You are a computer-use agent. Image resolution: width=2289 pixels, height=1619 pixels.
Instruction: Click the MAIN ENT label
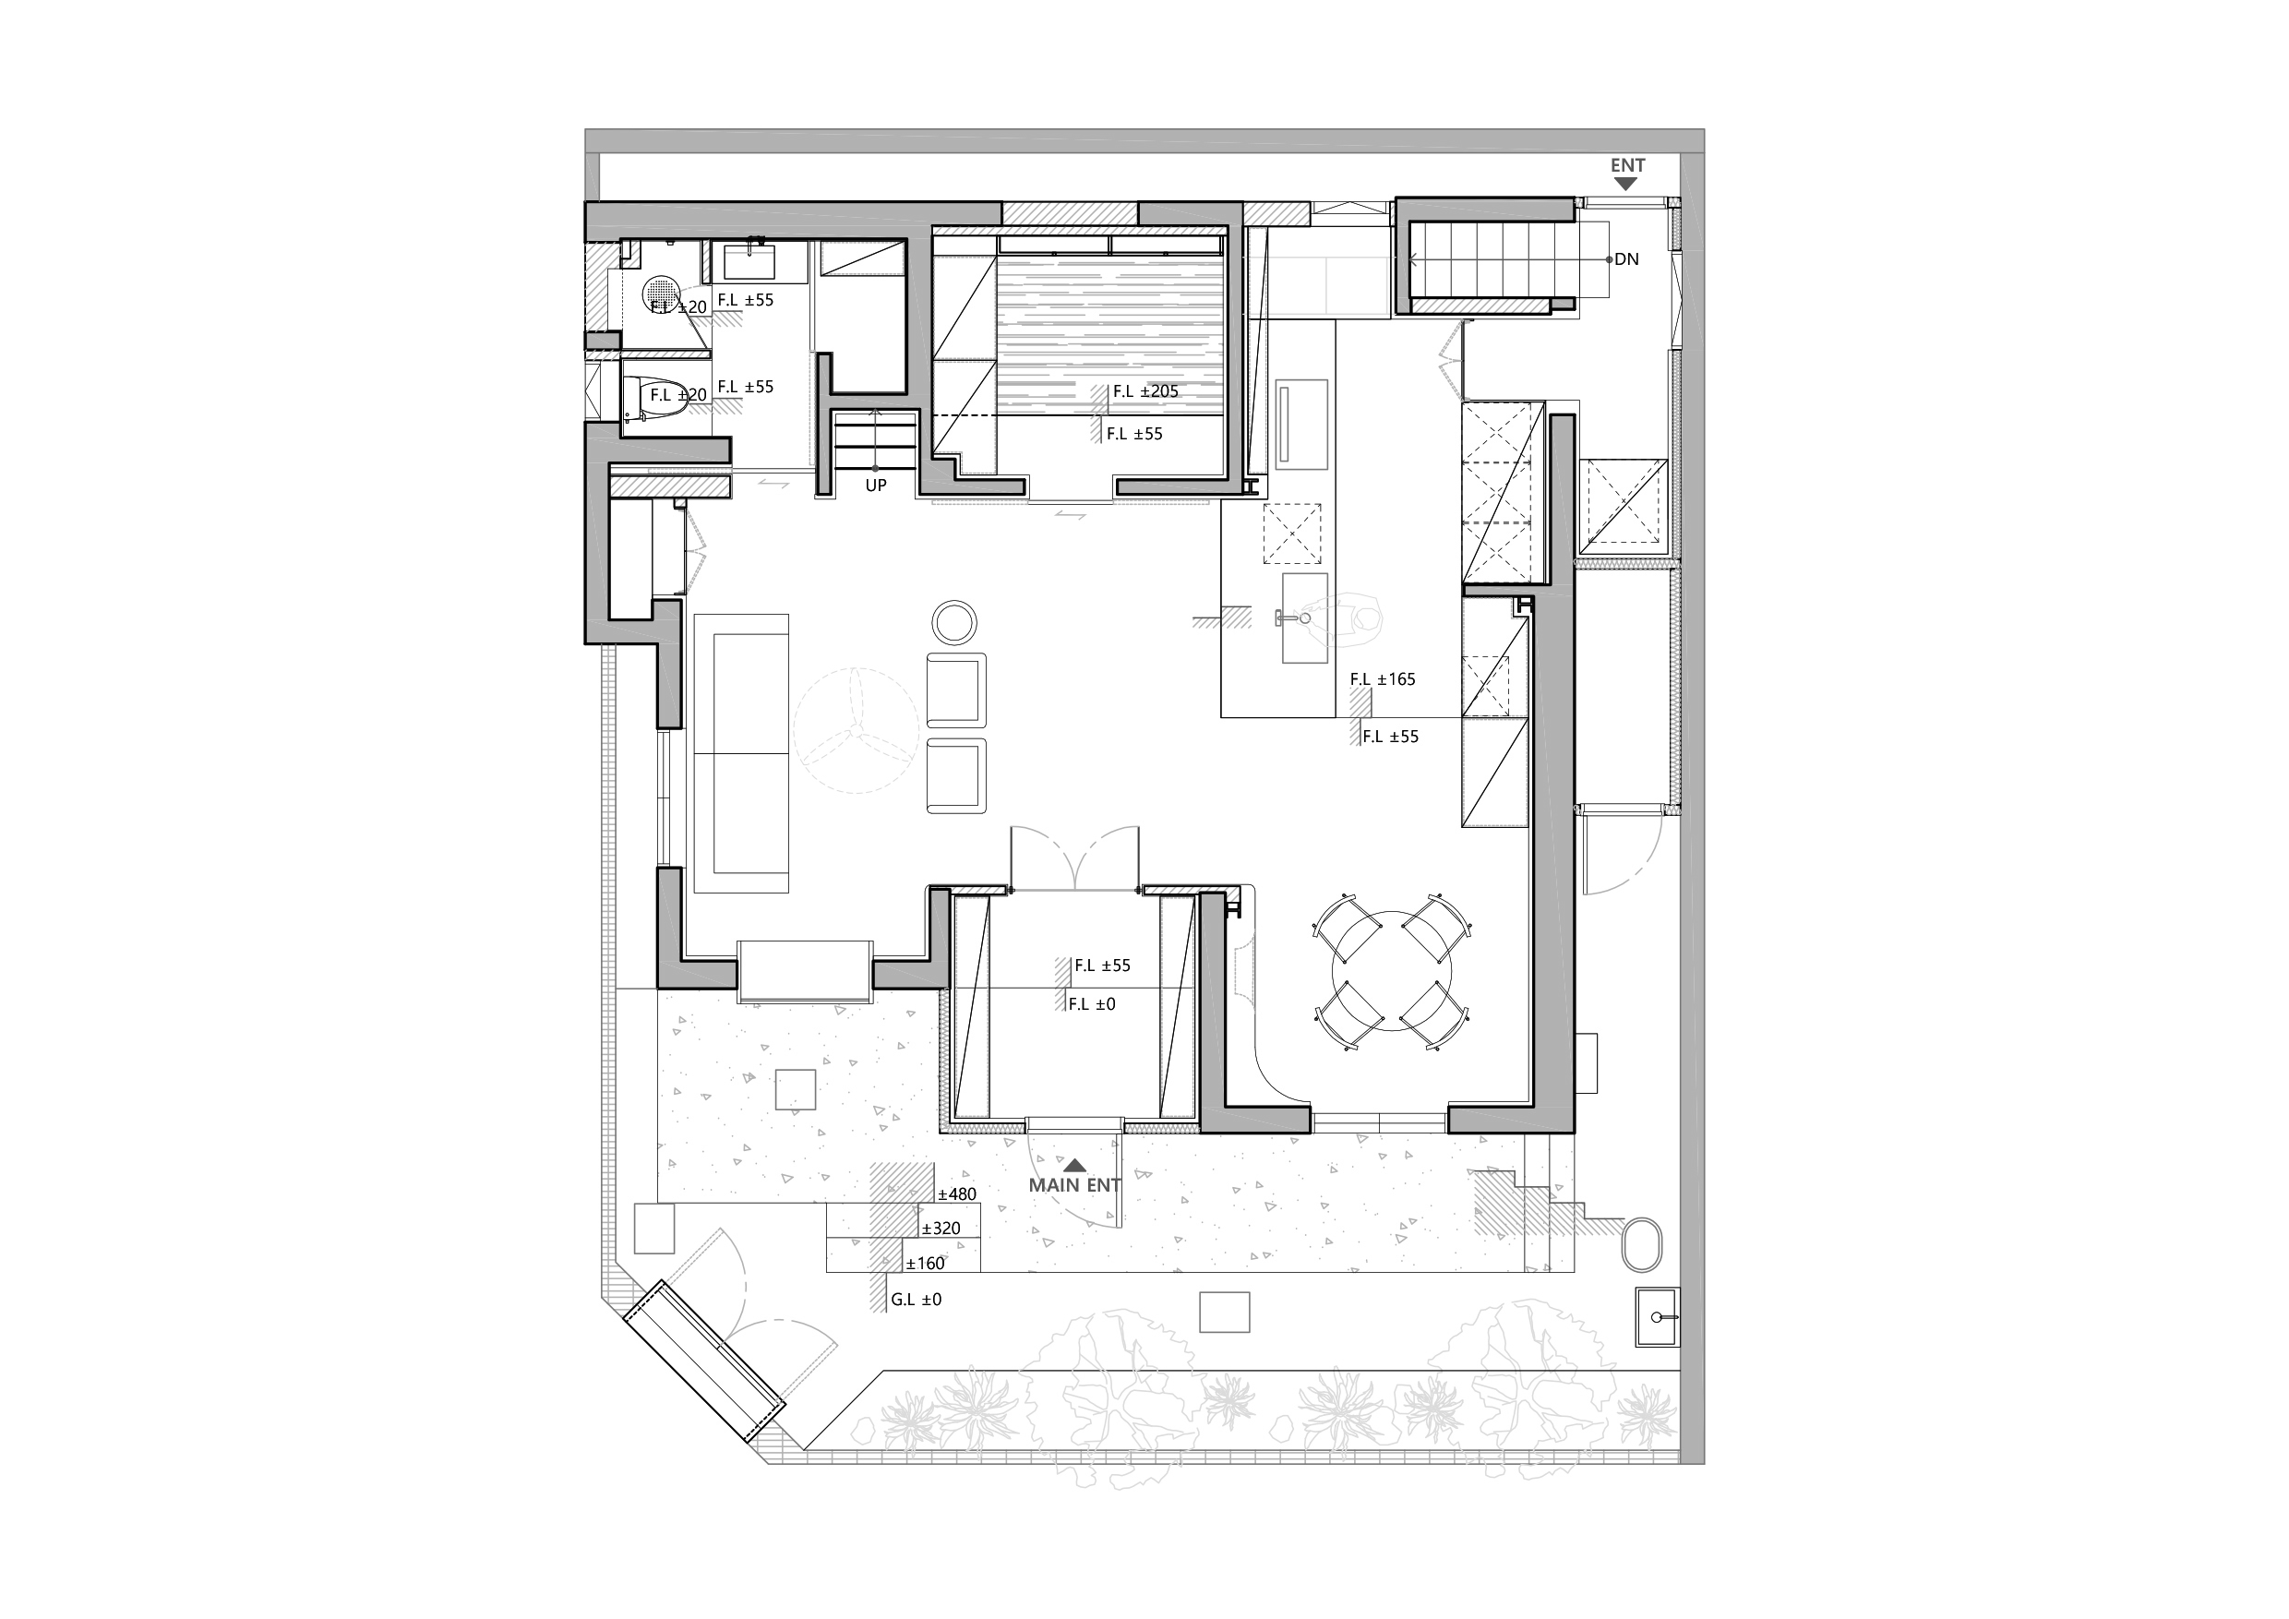pyautogui.click(x=1074, y=1185)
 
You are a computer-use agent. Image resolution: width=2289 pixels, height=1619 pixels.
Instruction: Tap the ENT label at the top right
pyautogui.click(x=1628, y=165)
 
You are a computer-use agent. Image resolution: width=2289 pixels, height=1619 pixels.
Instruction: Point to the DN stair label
pyautogui.click(x=1626, y=259)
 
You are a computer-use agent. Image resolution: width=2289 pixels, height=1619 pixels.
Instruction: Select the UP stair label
pyautogui.click(x=875, y=486)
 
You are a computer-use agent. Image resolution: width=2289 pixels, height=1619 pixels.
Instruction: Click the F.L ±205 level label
pyautogui.click(x=1145, y=391)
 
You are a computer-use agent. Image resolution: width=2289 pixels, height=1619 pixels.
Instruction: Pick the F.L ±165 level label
pyautogui.click(x=1383, y=679)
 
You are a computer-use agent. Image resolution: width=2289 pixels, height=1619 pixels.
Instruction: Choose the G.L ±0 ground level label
pyautogui.click(x=917, y=1300)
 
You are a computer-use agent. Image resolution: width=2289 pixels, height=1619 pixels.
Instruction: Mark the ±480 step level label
pyautogui.click(x=957, y=1194)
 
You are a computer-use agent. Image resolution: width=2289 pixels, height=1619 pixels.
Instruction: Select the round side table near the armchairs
pyautogui.click(x=955, y=622)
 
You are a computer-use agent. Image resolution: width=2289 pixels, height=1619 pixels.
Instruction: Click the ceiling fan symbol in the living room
pyautogui.click(x=857, y=730)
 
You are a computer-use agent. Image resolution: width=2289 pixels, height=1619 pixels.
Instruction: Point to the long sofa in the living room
pyautogui.click(x=741, y=752)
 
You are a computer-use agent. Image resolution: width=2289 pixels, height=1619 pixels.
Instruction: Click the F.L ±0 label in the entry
pyautogui.click(x=1092, y=1005)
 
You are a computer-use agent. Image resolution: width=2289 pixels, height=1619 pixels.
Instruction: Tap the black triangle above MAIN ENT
pyautogui.click(x=1074, y=1164)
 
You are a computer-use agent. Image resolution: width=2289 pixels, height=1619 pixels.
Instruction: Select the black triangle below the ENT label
pyautogui.click(x=1627, y=185)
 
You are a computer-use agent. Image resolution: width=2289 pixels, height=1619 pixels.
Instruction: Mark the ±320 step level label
pyautogui.click(x=941, y=1229)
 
